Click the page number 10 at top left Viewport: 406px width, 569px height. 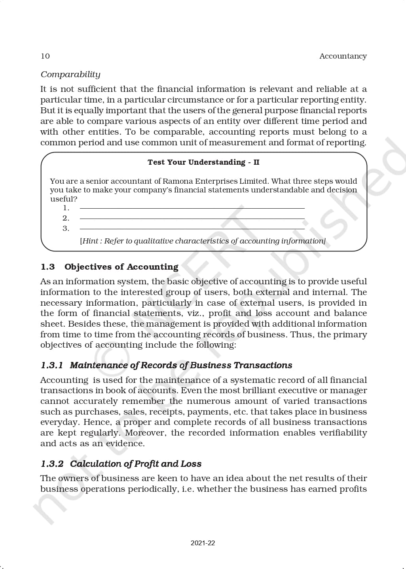45,56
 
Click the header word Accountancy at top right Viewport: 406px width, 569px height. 343,56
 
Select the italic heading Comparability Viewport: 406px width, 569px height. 70,74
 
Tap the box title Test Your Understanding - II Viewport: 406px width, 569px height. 203,162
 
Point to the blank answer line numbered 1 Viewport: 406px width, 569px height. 192,208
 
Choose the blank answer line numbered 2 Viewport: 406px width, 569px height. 192,219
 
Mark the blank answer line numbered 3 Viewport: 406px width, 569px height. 192,229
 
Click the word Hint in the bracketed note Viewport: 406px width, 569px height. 91,241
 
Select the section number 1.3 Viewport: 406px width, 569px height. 47,267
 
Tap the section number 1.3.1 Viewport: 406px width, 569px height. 52,365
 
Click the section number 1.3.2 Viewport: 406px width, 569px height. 52,464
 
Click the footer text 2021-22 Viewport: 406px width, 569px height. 203,543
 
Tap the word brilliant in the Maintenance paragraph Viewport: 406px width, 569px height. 248,390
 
